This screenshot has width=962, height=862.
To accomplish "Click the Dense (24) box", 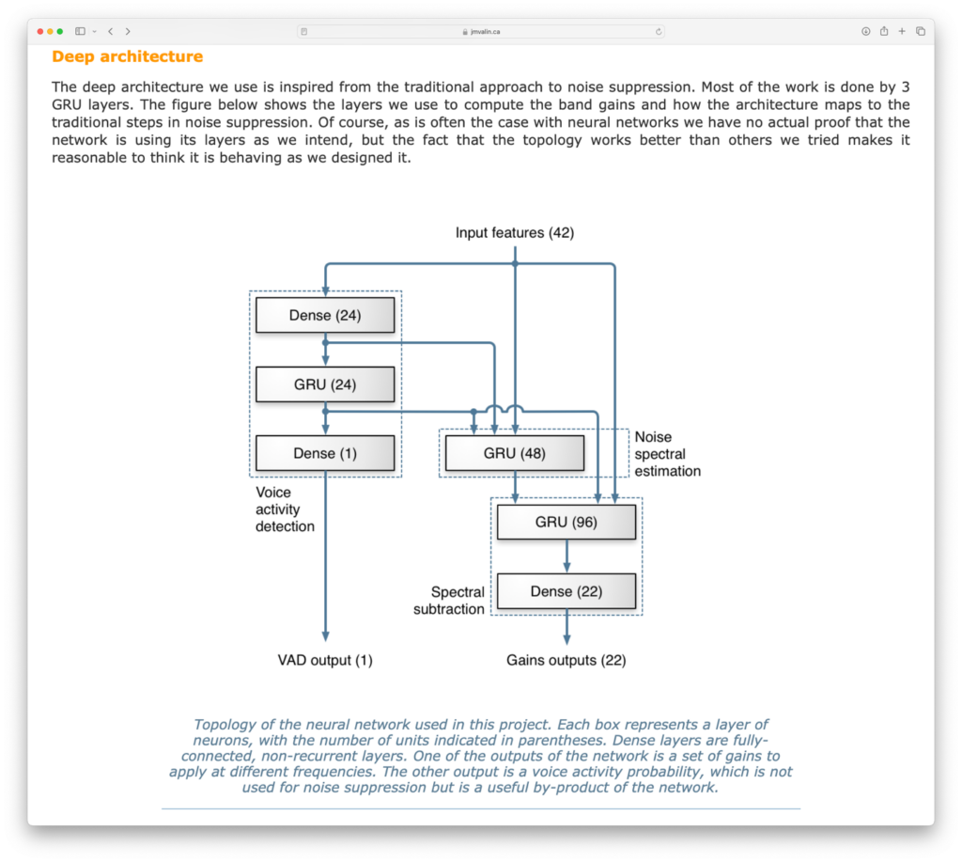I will coord(325,315).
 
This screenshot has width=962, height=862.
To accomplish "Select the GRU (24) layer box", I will coord(325,384).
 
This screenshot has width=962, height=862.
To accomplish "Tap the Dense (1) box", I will coord(325,453).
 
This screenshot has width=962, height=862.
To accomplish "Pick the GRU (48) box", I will coord(514,453).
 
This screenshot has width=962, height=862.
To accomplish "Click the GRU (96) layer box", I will coord(566,522).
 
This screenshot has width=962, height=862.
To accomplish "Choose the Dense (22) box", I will coord(566,591).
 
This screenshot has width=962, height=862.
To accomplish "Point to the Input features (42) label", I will coord(515,232).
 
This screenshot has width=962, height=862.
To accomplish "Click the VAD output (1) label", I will coord(325,660).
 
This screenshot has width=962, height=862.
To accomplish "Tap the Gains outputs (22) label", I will coord(566,660).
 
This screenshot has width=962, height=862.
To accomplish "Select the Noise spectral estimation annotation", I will coord(667,454).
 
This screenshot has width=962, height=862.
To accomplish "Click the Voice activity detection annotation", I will coord(285,509).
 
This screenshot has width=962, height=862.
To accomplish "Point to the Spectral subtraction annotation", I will coord(449,601).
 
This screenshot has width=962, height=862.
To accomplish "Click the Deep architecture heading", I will coord(127,56).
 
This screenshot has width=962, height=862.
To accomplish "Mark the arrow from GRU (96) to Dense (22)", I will coord(566,556).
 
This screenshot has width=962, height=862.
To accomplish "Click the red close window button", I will coord(40,31).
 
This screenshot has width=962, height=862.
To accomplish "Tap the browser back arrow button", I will coord(110,31).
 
